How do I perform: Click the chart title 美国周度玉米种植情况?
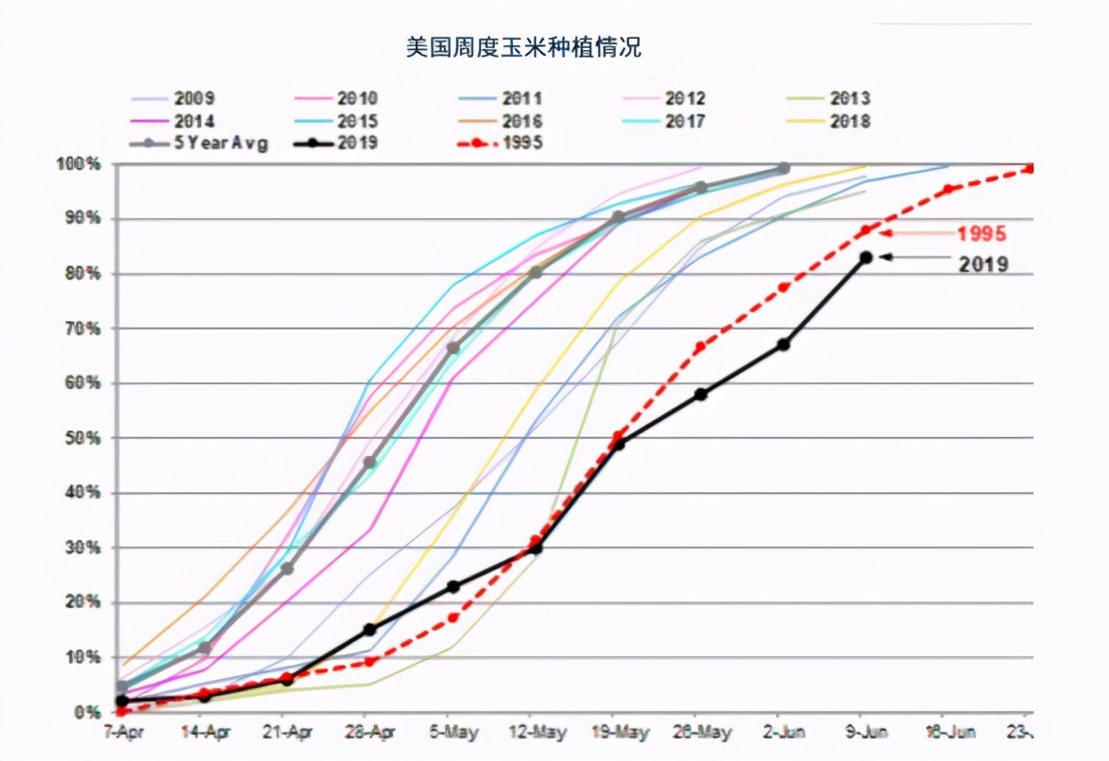[x=523, y=47]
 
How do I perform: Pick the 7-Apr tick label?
[x=121, y=732]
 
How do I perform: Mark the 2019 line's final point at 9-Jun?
[x=865, y=257]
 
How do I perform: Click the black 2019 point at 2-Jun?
[x=783, y=345]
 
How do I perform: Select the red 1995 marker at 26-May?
[x=700, y=347]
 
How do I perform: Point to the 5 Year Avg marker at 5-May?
[x=452, y=348]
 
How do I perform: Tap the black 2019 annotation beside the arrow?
[x=982, y=264]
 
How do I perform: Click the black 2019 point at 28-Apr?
[x=369, y=630]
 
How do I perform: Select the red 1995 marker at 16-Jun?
[x=948, y=189]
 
